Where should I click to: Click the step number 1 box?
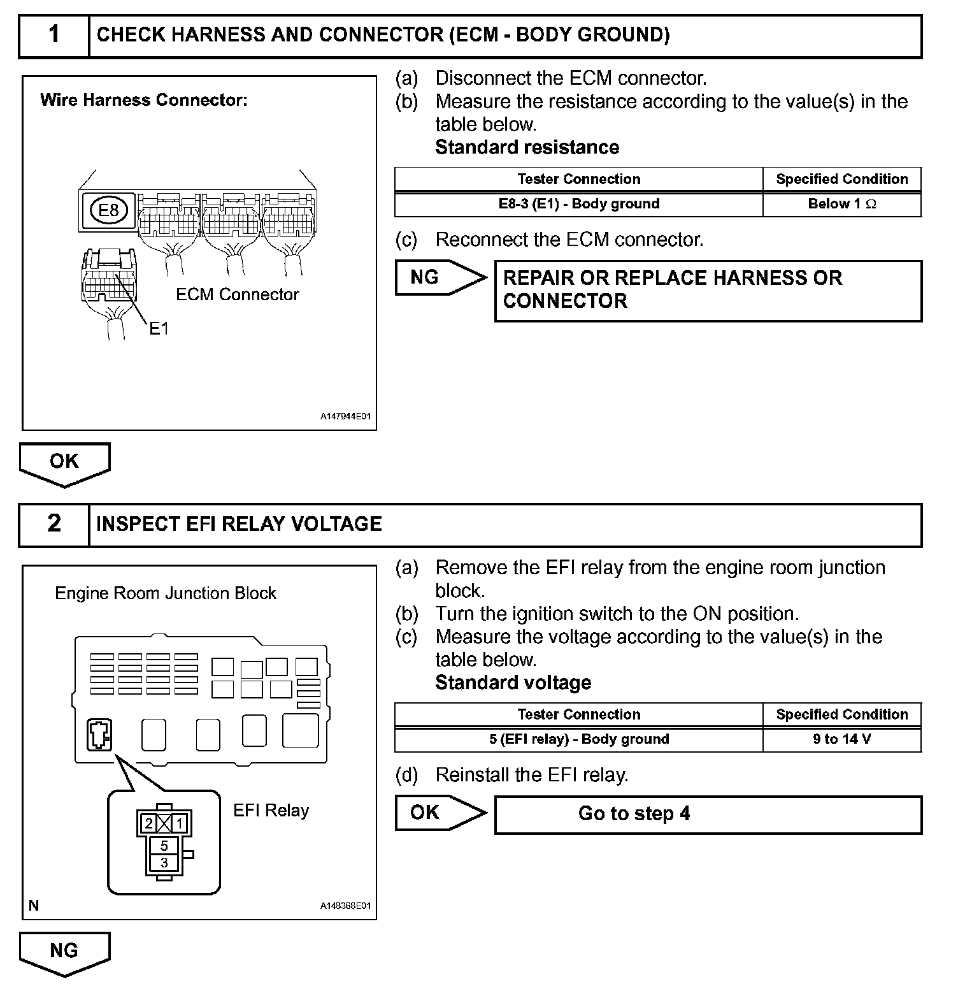pyautogui.click(x=54, y=36)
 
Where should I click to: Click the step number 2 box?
pyautogui.click(x=54, y=524)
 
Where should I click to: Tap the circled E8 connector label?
pyautogui.click(x=109, y=210)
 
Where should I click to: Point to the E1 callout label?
pyautogui.click(x=159, y=329)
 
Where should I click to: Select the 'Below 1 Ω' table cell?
pyautogui.click(x=841, y=205)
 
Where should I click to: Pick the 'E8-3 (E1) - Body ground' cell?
pyautogui.click(x=578, y=205)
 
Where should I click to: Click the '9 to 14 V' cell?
pyautogui.click(x=841, y=740)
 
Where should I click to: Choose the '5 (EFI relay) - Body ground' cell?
pyautogui.click(x=578, y=740)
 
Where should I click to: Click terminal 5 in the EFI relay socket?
pyautogui.click(x=164, y=846)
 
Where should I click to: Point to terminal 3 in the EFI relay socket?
pyautogui.click(x=164, y=863)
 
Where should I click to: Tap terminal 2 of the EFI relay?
pyautogui.click(x=148, y=824)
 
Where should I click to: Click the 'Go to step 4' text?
pyautogui.click(x=634, y=814)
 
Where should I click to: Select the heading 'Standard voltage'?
pyautogui.click(x=513, y=683)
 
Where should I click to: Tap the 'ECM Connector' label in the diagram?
pyautogui.click(x=237, y=294)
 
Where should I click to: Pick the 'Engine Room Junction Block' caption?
pyautogui.click(x=166, y=593)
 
